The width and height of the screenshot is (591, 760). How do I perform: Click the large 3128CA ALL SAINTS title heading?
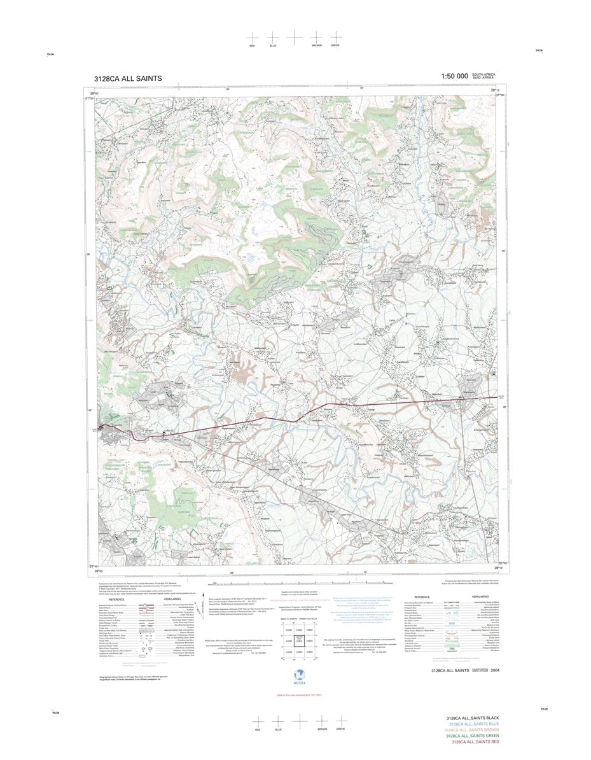[127, 78]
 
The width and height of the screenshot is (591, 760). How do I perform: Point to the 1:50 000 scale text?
[454, 76]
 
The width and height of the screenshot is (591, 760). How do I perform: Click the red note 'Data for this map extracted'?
[294, 695]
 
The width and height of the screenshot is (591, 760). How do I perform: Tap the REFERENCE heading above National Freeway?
[116, 600]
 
